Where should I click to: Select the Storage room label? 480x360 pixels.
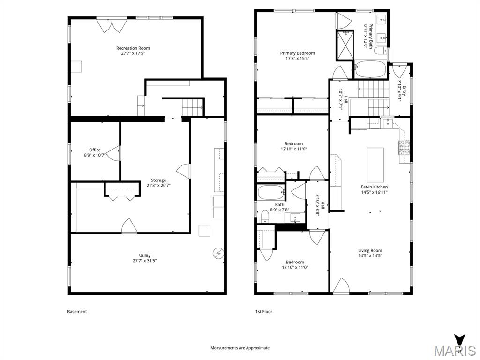158,180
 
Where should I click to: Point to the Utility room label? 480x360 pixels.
144,255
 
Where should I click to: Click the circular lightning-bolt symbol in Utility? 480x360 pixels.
217,254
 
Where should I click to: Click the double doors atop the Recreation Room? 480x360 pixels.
111,25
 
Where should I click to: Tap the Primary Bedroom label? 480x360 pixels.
297,53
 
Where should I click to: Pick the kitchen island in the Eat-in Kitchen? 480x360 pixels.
375,165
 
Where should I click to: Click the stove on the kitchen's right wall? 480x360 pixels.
404,148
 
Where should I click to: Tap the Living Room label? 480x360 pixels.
370,250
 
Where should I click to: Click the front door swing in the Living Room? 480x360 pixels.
340,285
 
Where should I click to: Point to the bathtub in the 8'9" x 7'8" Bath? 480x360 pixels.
271,192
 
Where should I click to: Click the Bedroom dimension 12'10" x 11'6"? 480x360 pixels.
293,149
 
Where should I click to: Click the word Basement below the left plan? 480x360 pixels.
77,312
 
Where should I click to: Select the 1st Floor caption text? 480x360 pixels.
263,312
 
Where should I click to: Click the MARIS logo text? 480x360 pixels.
454,350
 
